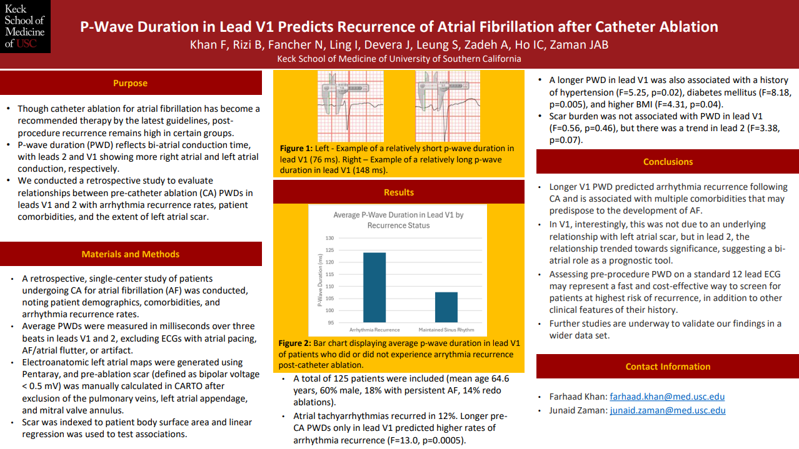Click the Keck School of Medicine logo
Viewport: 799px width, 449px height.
tap(25, 26)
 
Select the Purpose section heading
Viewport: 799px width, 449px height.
tap(130, 83)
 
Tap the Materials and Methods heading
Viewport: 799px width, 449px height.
tap(130, 254)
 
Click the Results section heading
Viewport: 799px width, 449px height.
tap(399, 192)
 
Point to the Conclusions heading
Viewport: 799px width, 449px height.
tap(668, 162)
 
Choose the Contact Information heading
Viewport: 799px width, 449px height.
tap(668, 367)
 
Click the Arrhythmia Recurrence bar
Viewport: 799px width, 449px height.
tap(374, 287)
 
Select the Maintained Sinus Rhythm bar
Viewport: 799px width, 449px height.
tap(446, 307)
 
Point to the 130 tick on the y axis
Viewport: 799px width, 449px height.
tap(329, 239)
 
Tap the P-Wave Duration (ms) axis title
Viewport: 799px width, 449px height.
tap(320, 281)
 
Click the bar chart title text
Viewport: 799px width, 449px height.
tap(398, 220)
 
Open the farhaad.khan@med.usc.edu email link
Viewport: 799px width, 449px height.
tap(667, 397)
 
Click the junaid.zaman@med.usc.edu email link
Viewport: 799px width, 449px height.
tap(668, 410)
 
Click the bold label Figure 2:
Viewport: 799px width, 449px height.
tap(298, 343)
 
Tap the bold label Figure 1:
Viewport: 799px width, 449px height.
tap(298, 149)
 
